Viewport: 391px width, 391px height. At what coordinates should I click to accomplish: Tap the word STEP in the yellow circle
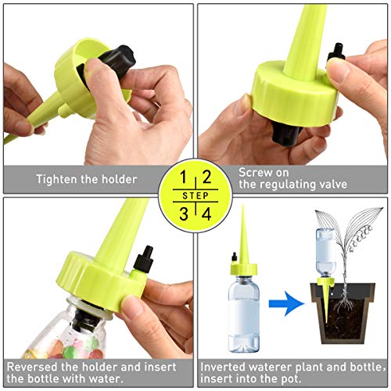pyautogui.click(x=195, y=195)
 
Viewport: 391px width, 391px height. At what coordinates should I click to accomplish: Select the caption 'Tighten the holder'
pyautogui.click(x=86, y=179)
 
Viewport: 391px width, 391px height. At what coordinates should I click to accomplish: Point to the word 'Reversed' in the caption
pyautogui.click(x=32, y=365)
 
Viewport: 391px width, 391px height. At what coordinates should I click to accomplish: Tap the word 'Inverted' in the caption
pyautogui.click(x=226, y=365)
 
